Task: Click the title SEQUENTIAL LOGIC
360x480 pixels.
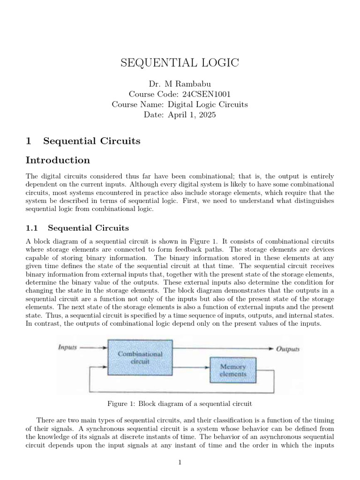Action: click(180, 64)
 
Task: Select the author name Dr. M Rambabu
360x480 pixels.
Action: click(180, 84)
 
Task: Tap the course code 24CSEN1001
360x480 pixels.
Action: click(180, 94)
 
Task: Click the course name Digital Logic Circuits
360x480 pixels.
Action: click(180, 105)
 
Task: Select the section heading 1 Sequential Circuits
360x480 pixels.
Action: click(83, 141)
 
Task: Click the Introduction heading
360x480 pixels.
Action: click(58, 160)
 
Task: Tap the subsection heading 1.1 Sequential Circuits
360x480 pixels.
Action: click(77, 228)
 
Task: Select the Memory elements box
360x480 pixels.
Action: click(233, 370)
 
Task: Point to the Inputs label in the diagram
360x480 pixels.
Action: click(67, 348)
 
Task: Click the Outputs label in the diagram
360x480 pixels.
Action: click(288, 349)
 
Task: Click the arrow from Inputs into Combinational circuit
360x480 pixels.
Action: click(94, 348)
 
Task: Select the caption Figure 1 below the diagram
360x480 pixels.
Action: click(180, 404)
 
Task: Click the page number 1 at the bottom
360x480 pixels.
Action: click(180, 462)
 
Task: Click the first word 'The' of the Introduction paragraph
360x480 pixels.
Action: click(32, 176)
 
